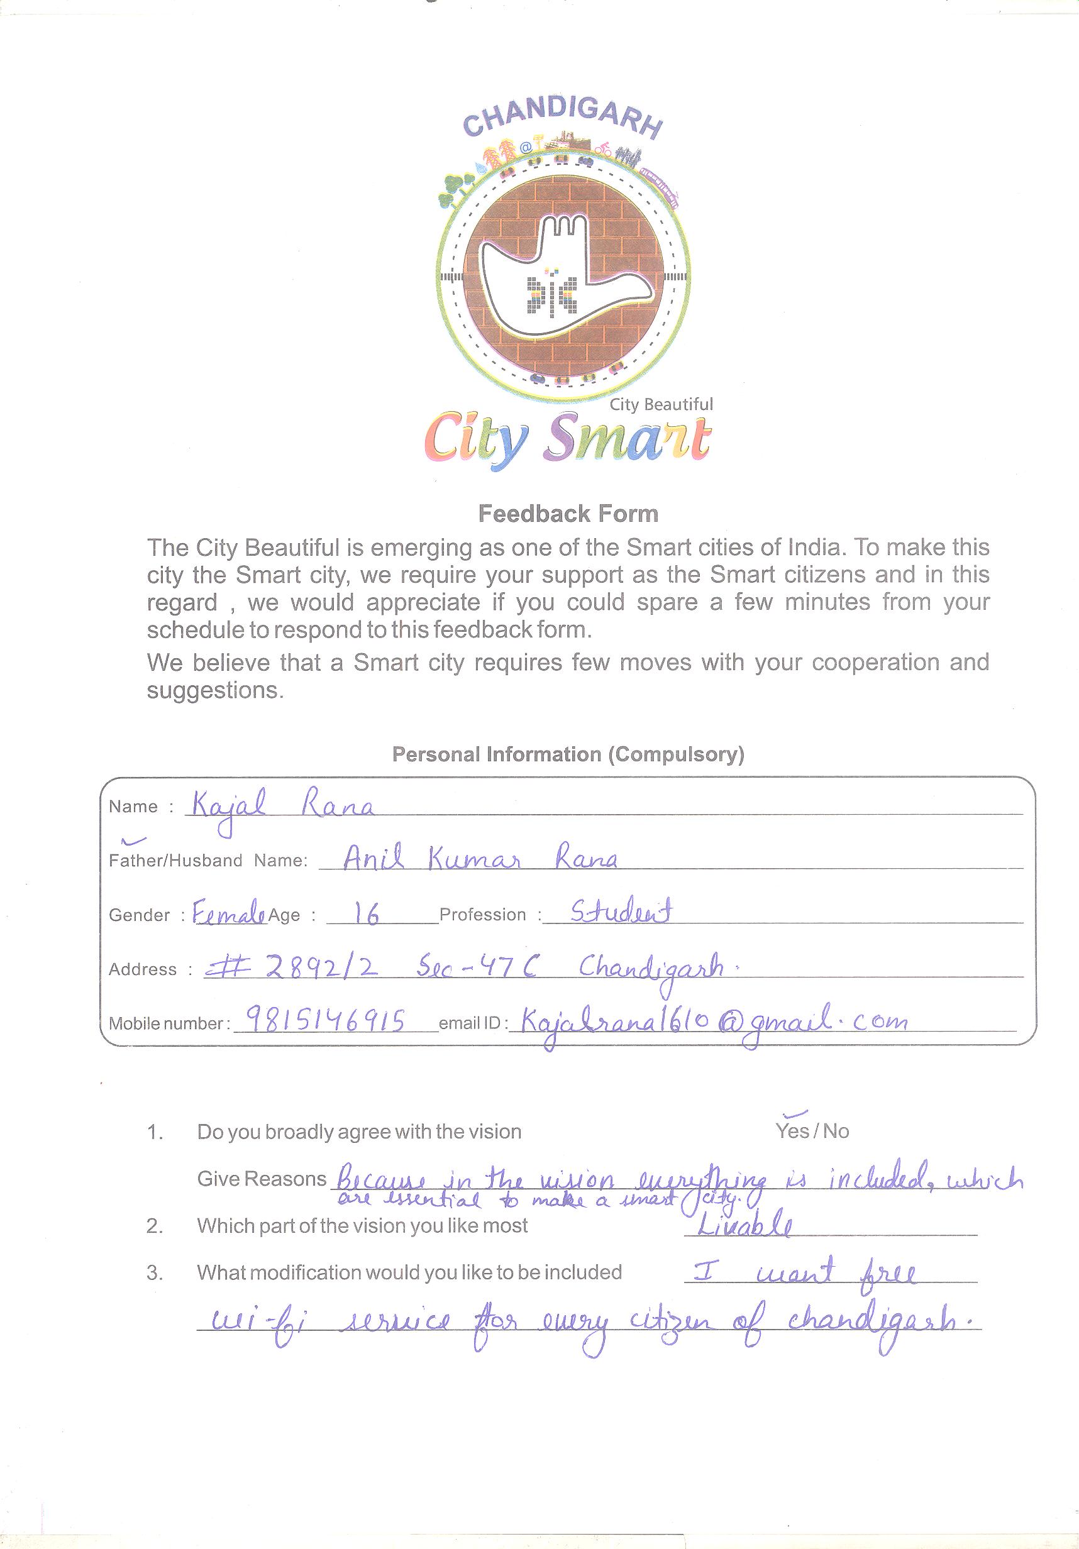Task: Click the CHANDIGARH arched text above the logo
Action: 563,120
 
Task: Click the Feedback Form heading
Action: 568,514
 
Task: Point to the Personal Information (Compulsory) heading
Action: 568,754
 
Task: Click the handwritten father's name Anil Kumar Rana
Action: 479,859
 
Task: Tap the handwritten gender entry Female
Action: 228,914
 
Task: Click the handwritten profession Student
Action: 621,912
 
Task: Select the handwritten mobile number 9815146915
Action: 324,1021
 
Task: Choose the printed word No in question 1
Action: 836,1132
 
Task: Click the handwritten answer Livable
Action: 744,1226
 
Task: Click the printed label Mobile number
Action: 165,1023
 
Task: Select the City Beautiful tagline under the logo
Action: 661,405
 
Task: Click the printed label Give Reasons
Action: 261,1179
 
